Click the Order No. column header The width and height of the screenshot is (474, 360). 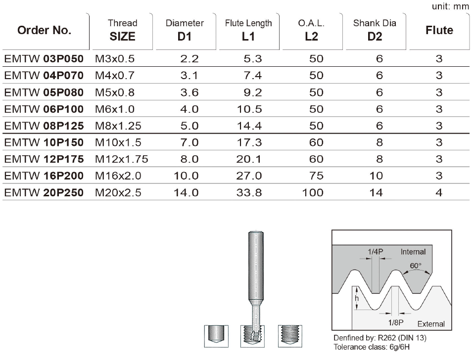pos(44,30)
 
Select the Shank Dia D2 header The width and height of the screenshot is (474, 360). pos(375,30)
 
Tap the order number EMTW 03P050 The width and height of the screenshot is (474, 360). pos(44,58)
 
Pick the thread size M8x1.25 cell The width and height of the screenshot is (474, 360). pos(118,126)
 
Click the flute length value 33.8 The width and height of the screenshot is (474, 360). pos(249,192)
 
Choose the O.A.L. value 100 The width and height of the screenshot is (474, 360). pos(313,192)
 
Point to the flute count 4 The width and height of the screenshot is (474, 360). pos(439,192)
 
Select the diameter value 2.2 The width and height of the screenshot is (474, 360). pos(190,58)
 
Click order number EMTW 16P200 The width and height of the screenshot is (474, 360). pos(44,176)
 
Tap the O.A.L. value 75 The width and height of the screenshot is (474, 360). pos(317,176)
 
